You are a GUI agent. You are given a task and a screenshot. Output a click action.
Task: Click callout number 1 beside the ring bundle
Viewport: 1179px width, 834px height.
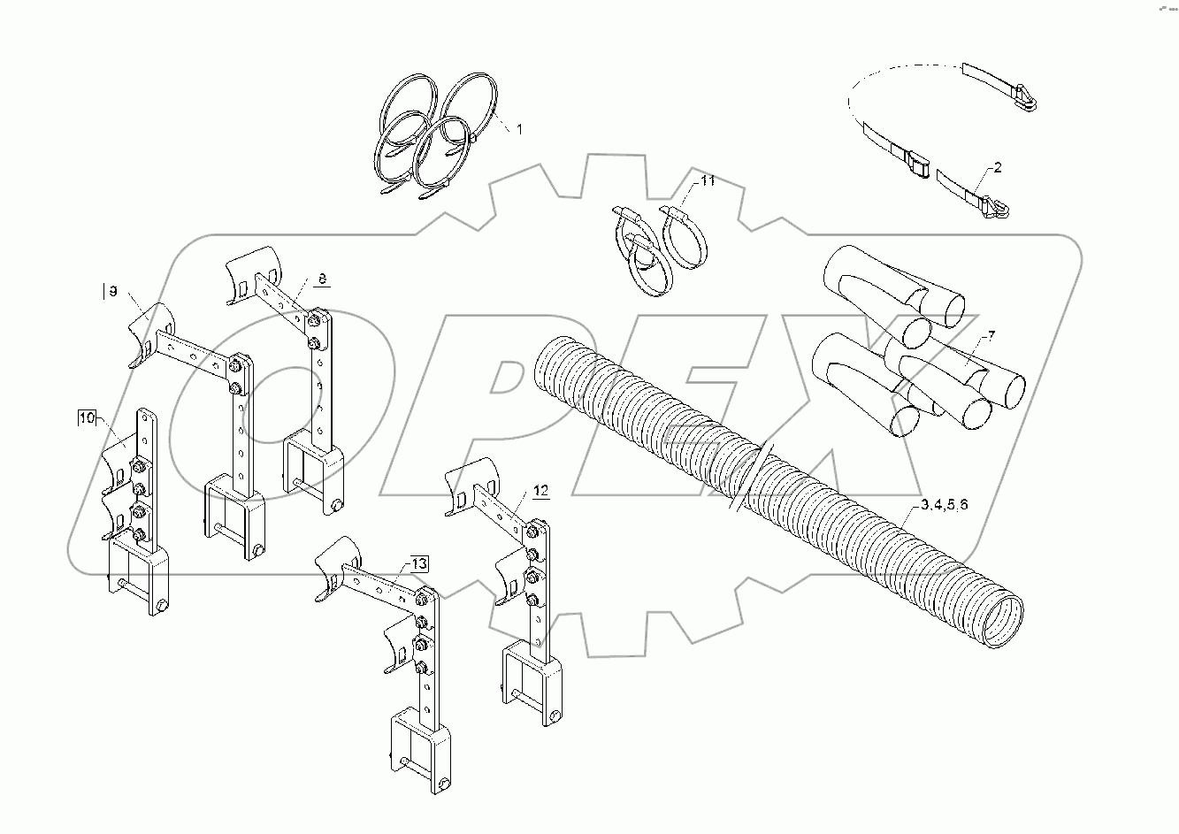point(520,129)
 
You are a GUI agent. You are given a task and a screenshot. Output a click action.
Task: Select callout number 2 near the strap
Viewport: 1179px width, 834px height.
point(998,167)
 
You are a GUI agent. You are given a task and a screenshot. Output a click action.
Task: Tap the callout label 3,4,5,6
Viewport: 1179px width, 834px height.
point(944,505)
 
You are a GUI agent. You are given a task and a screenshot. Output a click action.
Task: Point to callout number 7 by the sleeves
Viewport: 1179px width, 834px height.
point(991,336)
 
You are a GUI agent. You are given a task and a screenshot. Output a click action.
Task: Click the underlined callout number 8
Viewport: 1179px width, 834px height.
point(322,279)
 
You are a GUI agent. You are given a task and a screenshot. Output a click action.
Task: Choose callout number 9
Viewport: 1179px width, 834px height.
point(112,292)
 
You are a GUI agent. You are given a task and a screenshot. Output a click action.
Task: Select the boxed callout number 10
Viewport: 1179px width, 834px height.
point(86,418)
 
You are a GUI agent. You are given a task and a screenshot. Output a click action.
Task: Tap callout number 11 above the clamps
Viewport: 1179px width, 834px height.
point(707,180)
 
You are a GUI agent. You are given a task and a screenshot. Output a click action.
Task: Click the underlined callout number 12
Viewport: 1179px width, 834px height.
point(540,490)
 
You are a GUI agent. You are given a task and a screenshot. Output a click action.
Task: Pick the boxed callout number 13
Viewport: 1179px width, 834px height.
point(418,563)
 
